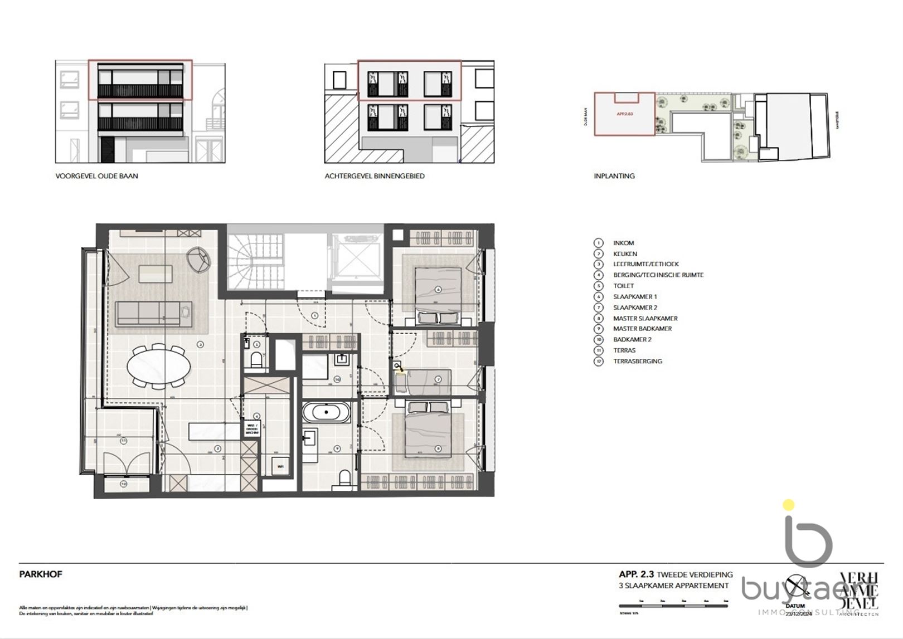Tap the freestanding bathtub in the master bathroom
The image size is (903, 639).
coord(327,413)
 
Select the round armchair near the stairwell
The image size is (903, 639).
coord(199,259)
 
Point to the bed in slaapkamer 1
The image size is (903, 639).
coord(438,290)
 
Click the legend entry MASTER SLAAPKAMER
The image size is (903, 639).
coord(645,318)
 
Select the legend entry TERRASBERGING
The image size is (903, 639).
coord(637,361)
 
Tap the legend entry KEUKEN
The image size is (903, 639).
coord(625,253)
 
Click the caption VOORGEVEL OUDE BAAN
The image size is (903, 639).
coord(96,176)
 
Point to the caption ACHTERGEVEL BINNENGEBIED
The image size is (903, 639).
coord(375,176)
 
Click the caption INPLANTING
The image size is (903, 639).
coord(614,176)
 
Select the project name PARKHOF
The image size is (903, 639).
coord(41,574)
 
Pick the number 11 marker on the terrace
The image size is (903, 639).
coord(123,441)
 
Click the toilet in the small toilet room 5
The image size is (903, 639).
coord(256,359)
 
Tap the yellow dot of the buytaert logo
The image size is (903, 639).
coord(788,506)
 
